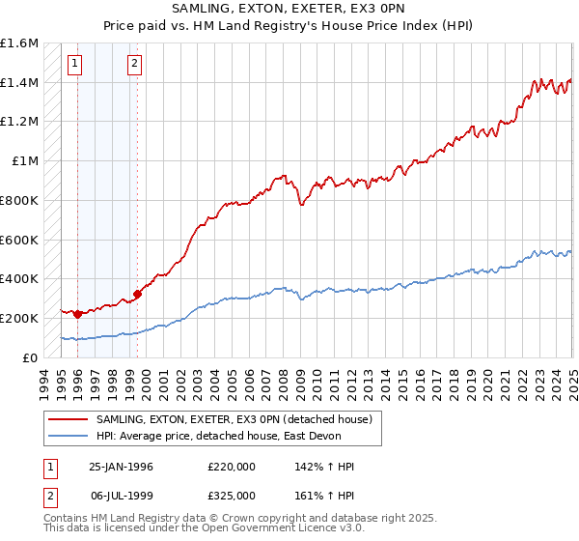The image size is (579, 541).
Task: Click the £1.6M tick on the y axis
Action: click(19, 43)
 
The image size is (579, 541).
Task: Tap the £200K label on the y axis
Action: click(18, 318)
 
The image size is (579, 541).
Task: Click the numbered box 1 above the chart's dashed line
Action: click(75, 65)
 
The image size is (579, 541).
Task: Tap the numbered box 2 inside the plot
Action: click(134, 65)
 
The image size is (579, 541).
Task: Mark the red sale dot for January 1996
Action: click(76, 314)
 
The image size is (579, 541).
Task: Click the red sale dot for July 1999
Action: click(137, 294)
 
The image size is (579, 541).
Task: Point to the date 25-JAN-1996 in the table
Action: click(121, 467)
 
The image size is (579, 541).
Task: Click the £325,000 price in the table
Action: click(231, 495)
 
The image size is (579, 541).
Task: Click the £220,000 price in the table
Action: click(231, 467)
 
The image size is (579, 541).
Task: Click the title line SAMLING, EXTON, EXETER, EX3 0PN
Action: click(289, 11)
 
